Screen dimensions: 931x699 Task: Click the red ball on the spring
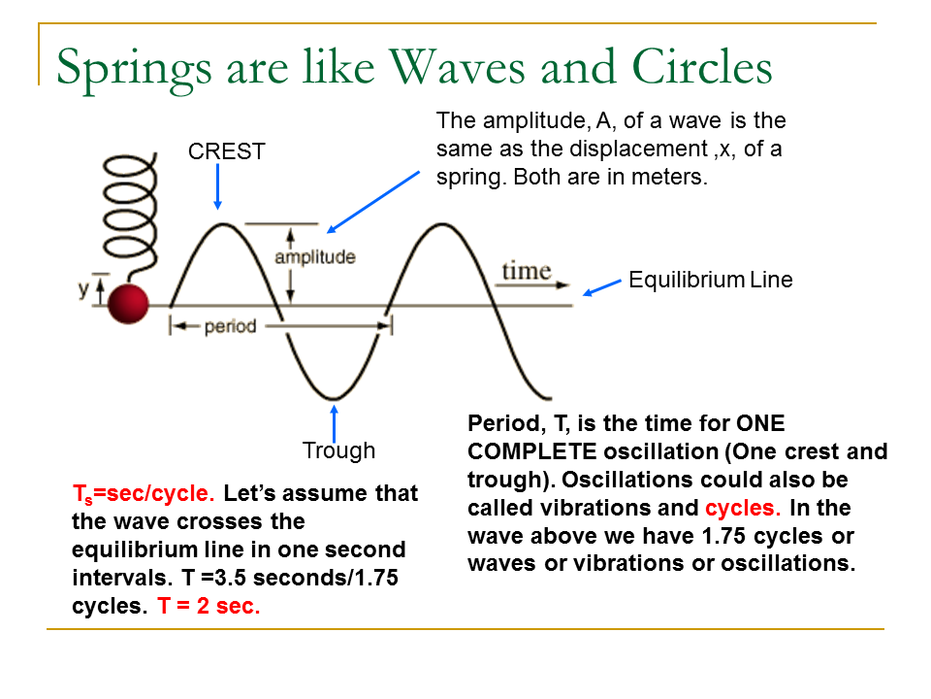[127, 304]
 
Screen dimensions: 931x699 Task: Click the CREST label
[227, 151]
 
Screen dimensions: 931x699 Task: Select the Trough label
[338, 450]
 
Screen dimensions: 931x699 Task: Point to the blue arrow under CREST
[217, 186]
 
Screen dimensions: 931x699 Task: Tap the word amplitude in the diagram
[314, 257]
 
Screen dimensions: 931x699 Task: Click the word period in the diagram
[230, 327]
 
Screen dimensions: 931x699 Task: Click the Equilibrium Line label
[710, 281]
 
